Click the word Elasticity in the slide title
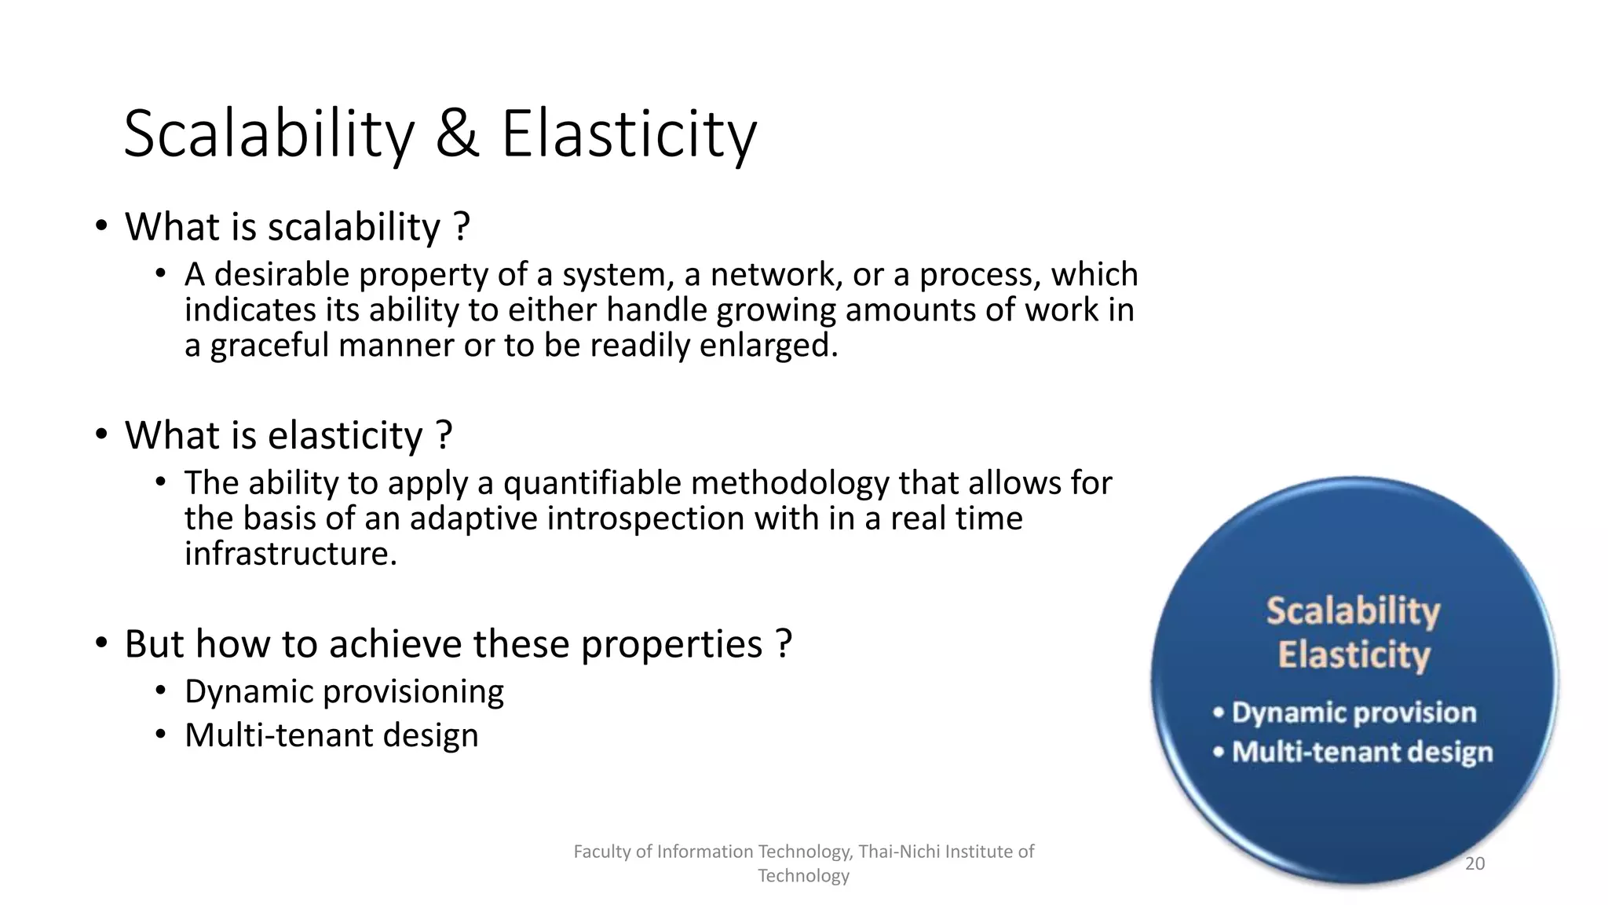(628, 134)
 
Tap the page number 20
(1475, 863)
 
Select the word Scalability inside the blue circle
(1353, 611)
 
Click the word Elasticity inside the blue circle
(1354, 654)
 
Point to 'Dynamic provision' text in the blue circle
(1354, 713)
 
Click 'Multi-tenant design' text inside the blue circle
(1361, 752)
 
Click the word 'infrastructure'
(290, 554)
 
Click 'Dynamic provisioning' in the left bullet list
(344, 691)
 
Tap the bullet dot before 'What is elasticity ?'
(100, 434)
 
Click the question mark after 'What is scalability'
(462, 227)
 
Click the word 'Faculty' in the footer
(598, 852)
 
